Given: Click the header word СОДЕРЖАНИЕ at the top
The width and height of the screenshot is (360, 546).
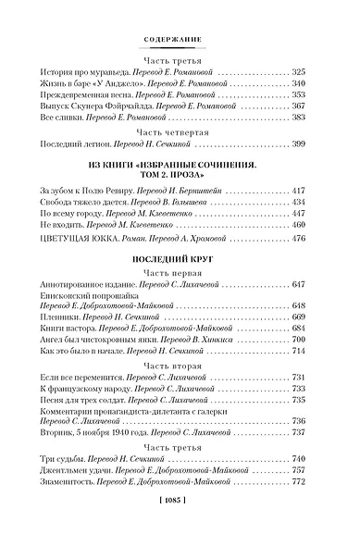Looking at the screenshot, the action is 180,40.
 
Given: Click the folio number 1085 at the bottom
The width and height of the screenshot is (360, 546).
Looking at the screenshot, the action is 180,525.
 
